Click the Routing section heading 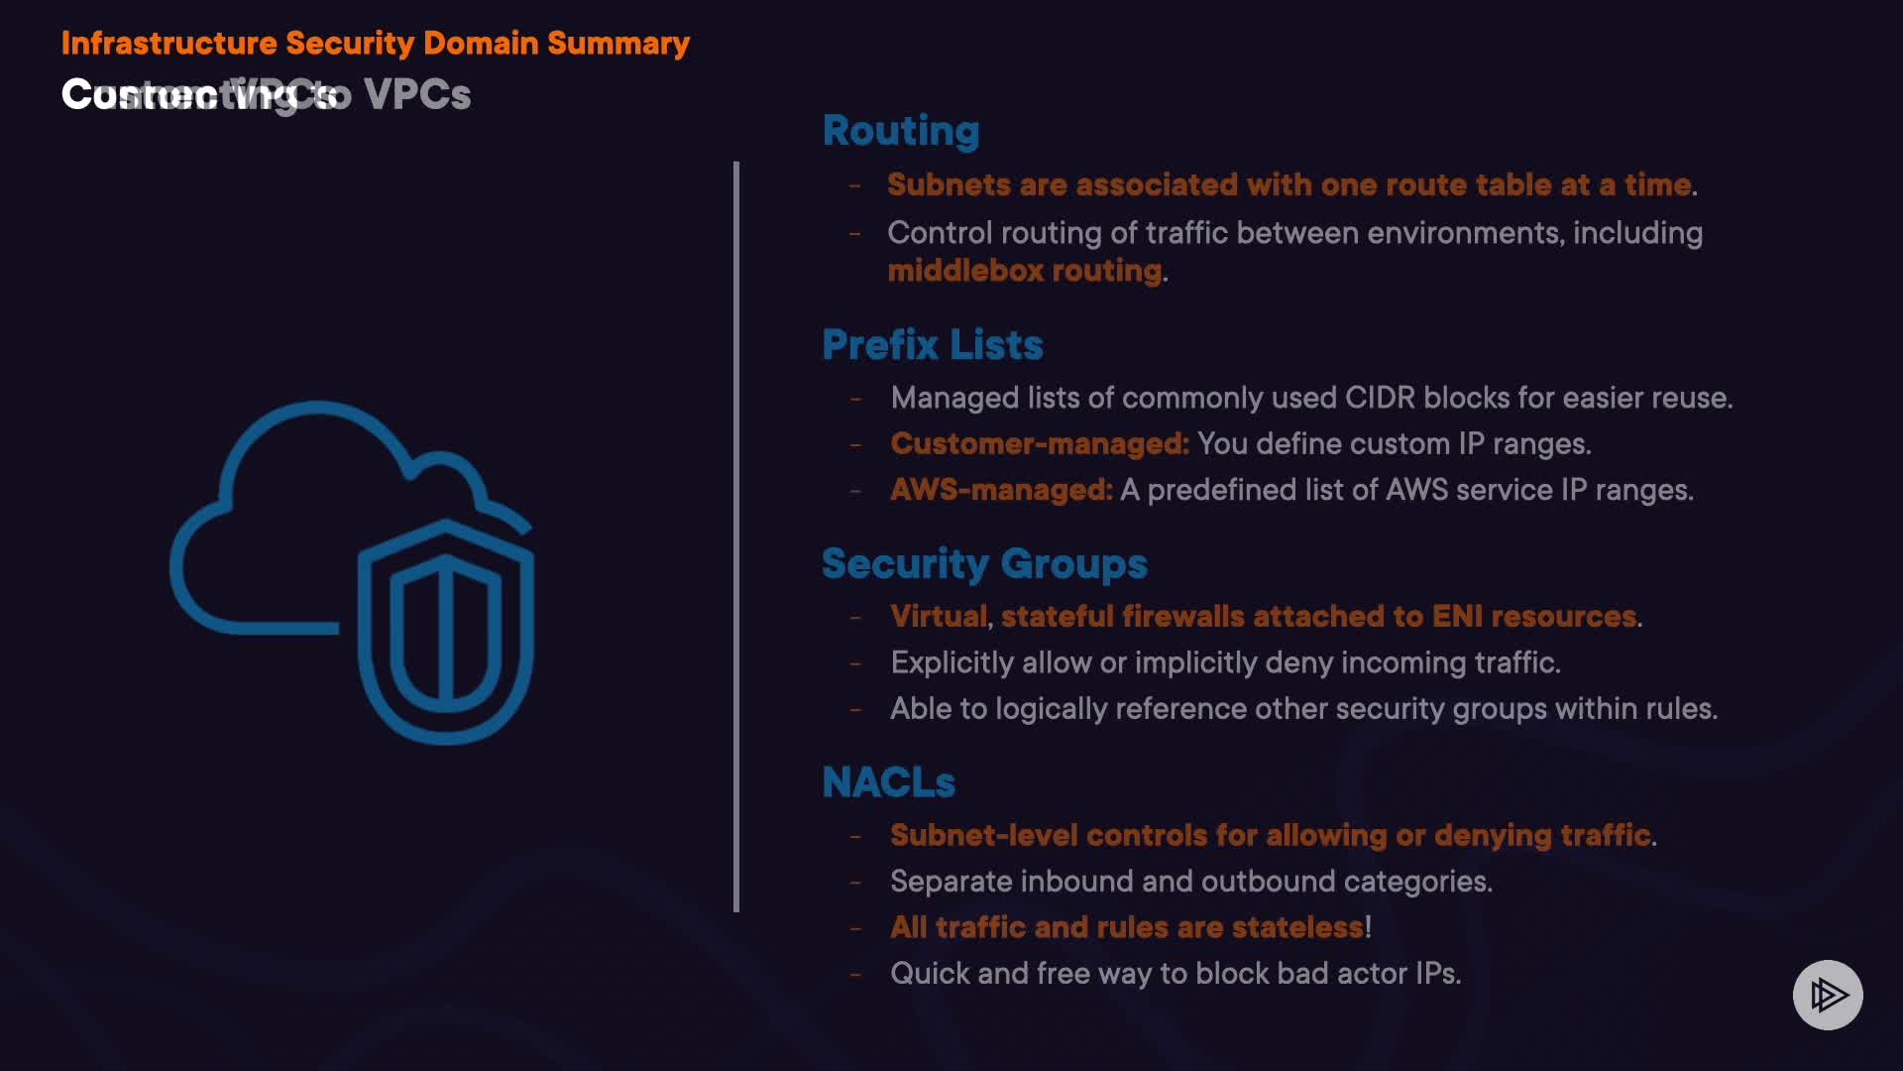pos(901,131)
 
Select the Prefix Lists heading pos(932,345)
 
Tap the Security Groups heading pos(984,563)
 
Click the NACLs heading pos(888,782)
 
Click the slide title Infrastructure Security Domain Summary pos(375,43)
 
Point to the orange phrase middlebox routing pos(1025,271)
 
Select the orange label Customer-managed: pos(1039,443)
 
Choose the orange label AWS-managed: pos(1001,490)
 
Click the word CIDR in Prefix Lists pos(1380,398)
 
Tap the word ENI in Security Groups pos(1457,616)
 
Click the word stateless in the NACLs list pos(1297,927)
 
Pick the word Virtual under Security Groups pos(938,616)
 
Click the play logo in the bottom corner pos(1828,995)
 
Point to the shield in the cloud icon pos(446,630)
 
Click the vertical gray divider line pos(736,535)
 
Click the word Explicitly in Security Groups pos(951,662)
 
